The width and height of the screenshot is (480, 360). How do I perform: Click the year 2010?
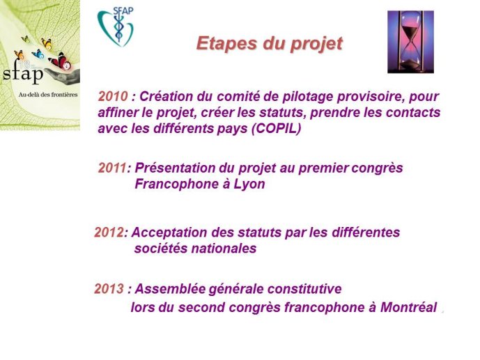[113, 97]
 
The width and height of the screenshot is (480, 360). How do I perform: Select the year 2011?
[112, 168]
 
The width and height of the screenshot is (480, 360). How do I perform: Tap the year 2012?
[109, 233]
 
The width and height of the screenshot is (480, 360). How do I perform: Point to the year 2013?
[109, 289]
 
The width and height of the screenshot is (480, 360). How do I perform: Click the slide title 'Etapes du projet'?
[270, 44]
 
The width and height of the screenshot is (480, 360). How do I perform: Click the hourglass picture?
[410, 42]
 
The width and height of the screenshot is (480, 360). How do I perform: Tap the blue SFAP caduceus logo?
[116, 26]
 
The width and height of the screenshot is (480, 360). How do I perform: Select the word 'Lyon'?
[249, 185]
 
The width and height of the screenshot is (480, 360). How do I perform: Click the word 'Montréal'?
[408, 307]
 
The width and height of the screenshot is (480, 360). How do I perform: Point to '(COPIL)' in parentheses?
[276, 128]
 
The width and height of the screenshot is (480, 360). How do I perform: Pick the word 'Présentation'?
[175, 168]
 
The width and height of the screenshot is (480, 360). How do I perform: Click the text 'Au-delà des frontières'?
[48, 95]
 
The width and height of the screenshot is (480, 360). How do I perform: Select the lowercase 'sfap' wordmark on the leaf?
[23, 74]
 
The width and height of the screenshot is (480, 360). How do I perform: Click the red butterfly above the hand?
[60, 61]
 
